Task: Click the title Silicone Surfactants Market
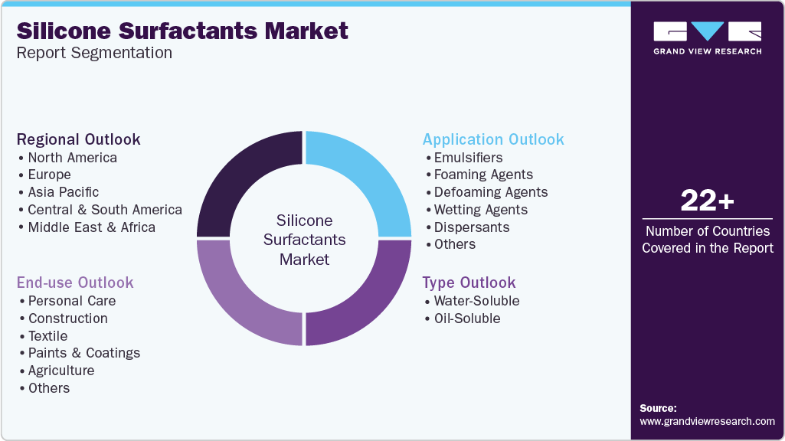(x=182, y=31)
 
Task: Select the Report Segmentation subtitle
(x=94, y=54)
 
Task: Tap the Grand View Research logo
(x=707, y=38)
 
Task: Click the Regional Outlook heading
(x=79, y=139)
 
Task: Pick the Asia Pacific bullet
(x=64, y=192)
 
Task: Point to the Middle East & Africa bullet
(x=91, y=227)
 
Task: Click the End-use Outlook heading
(x=75, y=283)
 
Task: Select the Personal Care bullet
(x=72, y=301)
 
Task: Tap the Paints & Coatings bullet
(x=84, y=353)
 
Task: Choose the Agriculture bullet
(x=61, y=371)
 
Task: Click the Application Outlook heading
(x=493, y=139)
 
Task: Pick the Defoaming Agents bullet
(x=491, y=192)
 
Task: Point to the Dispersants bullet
(x=472, y=227)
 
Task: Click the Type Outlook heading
(x=469, y=283)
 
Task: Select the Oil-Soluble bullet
(x=467, y=318)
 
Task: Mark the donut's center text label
(x=304, y=240)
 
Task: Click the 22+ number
(x=707, y=201)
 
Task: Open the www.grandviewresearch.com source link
(x=707, y=421)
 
